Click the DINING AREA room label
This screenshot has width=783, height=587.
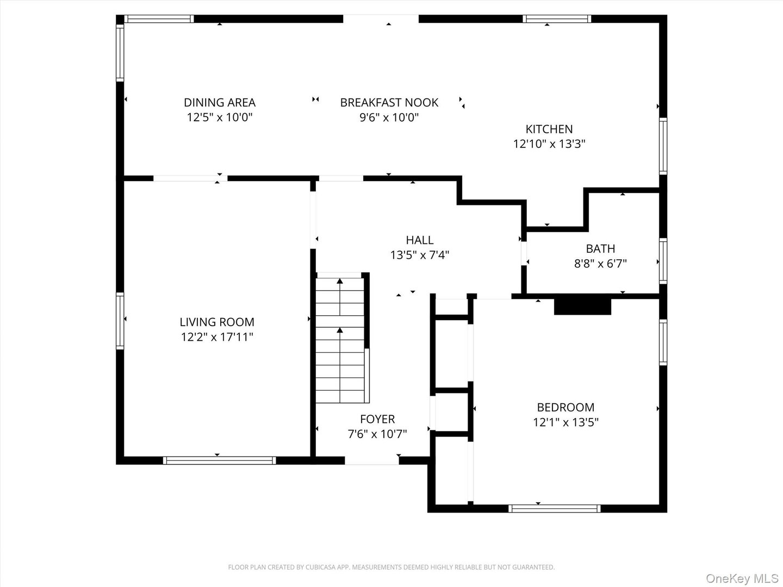220,102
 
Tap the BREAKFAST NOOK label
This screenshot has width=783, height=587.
389,102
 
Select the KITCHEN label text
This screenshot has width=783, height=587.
549,129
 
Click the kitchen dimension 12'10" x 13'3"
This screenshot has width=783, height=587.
549,144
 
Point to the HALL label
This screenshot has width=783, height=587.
419,240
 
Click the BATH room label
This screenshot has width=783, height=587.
600,248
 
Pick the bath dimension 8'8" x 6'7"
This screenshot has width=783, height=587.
600,264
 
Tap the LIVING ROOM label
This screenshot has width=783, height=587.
217,322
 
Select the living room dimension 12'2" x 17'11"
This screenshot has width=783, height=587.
217,337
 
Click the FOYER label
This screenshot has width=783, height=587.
377,419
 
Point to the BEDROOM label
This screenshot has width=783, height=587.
565,407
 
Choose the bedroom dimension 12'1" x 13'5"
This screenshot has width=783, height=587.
565,422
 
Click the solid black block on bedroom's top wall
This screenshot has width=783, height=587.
582,305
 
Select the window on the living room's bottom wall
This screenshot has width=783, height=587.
219,460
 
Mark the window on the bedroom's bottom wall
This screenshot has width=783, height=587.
554,509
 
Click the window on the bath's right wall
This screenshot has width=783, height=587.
663,260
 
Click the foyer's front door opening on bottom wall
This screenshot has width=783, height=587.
372,461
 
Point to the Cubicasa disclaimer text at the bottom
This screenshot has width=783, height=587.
391,567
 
